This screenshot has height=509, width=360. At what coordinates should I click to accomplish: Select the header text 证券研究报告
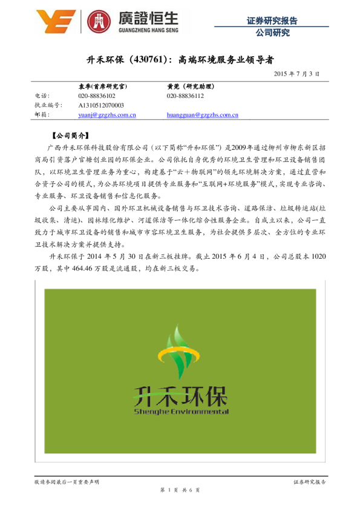[272, 20]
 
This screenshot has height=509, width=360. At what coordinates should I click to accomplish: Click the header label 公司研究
[272, 33]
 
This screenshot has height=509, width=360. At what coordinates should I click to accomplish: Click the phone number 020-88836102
[97, 96]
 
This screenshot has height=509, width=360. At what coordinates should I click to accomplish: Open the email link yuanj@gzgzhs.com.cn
[106, 114]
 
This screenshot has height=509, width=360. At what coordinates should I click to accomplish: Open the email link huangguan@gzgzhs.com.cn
[202, 114]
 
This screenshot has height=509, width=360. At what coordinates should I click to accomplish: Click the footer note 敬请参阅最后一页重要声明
[67, 481]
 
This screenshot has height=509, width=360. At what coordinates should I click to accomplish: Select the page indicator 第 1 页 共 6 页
[180, 490]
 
